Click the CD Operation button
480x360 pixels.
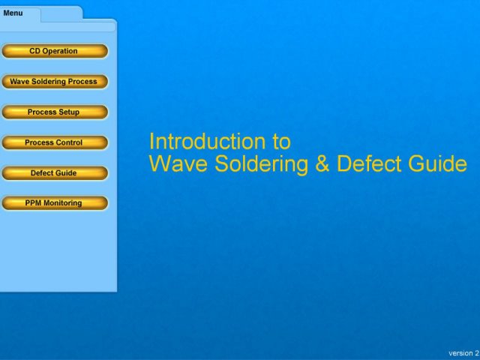click(55, 51)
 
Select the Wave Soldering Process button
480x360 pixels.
click(55, 82)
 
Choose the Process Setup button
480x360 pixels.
click(55, 112)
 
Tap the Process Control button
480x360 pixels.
click(55, 142)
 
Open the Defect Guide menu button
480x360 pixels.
click(55, 173)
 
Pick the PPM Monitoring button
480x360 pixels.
click(55, 203)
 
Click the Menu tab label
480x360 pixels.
click(13, 13)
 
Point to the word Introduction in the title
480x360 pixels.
click(207, 142)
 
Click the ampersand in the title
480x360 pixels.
click(322, 163)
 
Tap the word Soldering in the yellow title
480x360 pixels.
click(261, 165)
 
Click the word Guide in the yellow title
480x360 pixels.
click(437, 163)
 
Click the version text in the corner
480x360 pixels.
click(463, 353)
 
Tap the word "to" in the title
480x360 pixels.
click(281, 142)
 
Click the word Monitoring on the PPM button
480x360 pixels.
click(62, 203)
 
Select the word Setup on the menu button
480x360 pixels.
click(69, 112)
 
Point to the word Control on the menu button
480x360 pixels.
click(68, 142)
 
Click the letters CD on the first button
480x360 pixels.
click(34, 51)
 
